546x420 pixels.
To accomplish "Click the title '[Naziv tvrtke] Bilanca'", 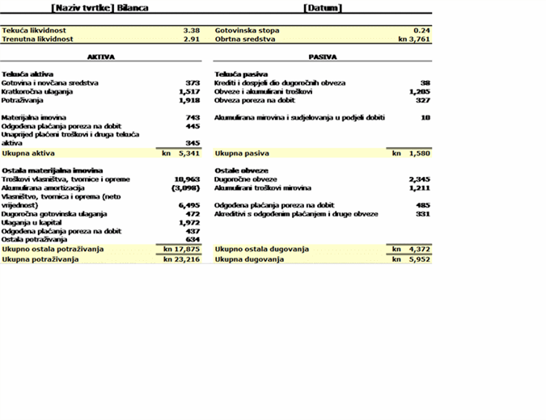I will [99, 7].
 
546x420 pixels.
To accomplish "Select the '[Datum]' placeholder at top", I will [323, 7].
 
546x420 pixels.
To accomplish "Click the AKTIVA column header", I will [101, 57].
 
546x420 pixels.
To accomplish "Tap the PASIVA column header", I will [323, 57].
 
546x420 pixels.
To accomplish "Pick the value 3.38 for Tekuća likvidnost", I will [191, 30].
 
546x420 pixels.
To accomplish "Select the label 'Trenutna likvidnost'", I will [38, 39].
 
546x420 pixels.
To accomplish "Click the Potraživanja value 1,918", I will [188, 101].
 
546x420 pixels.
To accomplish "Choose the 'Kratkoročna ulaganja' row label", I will [37, 92].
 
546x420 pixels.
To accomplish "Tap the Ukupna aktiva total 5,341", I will [188, 152].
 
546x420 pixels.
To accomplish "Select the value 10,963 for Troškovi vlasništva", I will [187, 178].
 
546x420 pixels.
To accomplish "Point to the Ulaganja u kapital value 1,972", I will [188, 222].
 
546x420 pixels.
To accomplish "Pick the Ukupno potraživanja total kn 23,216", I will [181, 259].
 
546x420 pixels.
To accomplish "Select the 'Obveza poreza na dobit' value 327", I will [422, 101].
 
